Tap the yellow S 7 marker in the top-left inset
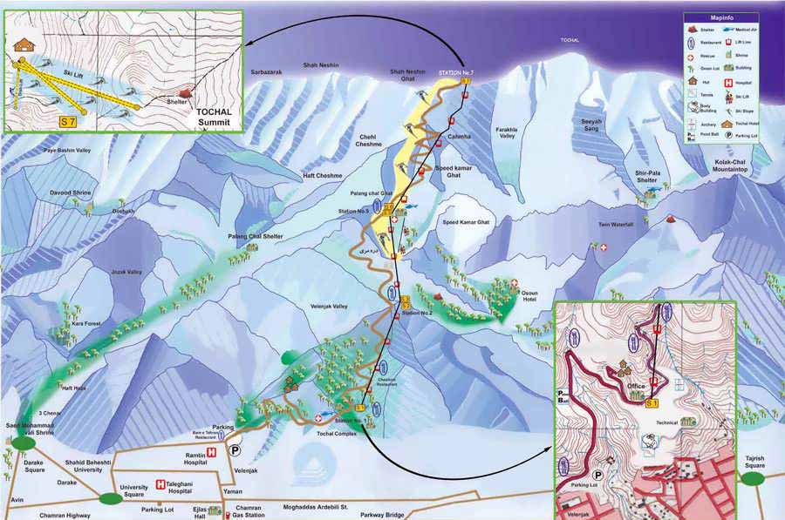[x=67, y=120]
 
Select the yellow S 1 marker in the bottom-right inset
[x=652, y=404]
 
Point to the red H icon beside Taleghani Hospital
[x=160, y=484]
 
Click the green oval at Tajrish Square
[x=754, y=478]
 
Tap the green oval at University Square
[x=110, y=499]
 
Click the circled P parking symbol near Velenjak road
[x=234, y=450]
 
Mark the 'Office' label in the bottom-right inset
[x=637, y=386]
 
